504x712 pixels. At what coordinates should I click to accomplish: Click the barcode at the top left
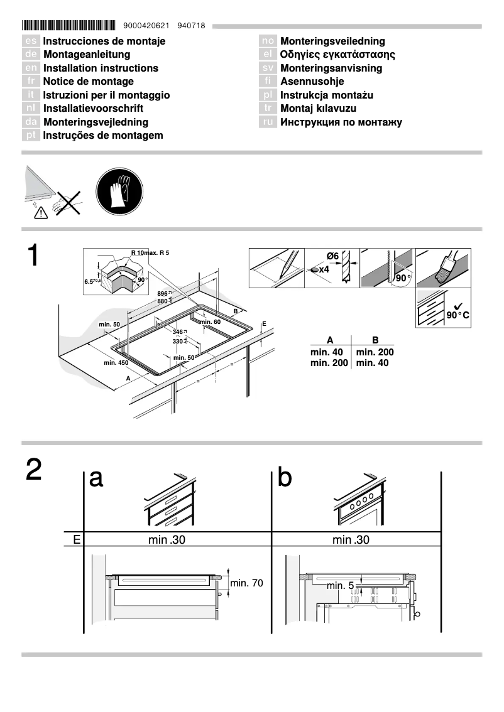click(x=68, y=26)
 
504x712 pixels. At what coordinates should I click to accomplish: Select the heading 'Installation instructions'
click(x=101, y=68)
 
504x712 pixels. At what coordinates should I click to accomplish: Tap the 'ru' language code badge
click(x=268, y=122)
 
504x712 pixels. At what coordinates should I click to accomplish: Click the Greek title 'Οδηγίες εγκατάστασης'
click(x=337, y=55)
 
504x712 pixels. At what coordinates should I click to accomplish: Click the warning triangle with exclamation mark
click(x=41, y=213)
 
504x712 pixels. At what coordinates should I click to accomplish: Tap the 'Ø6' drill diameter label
click(x=332, y=256)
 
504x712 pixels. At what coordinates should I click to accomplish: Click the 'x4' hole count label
click(x=324, y=269)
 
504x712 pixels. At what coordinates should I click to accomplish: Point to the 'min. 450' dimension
click(x=116, y=363)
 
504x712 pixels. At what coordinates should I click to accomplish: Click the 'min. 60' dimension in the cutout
click(x=210, y=321)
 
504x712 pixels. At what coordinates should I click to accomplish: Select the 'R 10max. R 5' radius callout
click(x=150, y=252)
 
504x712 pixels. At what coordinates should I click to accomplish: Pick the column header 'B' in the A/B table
click(x=375, y=340)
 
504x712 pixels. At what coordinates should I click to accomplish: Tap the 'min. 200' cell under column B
click(x=375, y=352)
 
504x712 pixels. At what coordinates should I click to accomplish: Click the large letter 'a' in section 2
click(x=96, y=478)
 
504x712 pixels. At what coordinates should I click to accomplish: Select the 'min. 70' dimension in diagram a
click(x=246, y=583)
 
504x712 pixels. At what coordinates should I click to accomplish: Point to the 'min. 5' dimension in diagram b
click(x=340, y=585)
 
